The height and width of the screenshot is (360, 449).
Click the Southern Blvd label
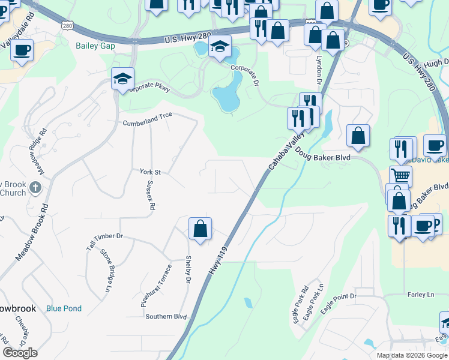166,316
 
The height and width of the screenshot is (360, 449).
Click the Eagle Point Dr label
339,304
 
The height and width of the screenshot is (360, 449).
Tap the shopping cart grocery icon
400,175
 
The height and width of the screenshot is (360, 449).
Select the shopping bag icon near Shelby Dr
200,229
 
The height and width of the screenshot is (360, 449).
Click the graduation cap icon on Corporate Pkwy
122,79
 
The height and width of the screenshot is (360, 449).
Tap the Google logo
20,353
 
